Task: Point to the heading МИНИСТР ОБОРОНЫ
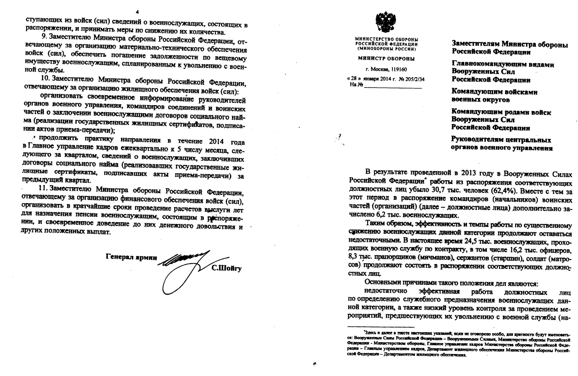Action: tap(386, 59)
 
